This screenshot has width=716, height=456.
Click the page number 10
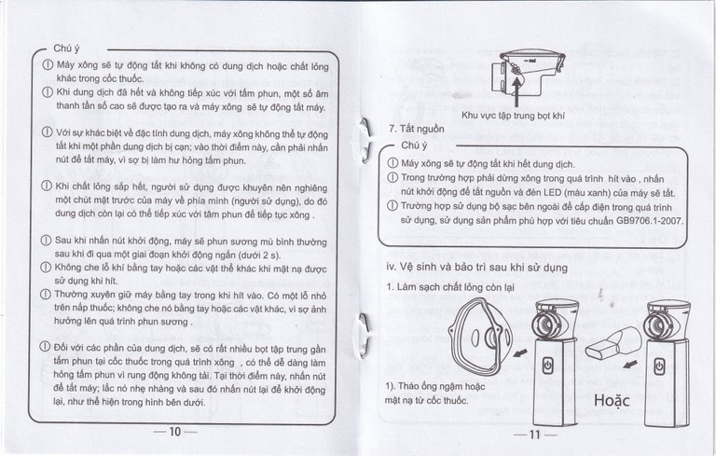pyautogui.click(x=176, y=431)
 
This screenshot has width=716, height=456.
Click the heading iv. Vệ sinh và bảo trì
pyautogui.click(x=476, y=267)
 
